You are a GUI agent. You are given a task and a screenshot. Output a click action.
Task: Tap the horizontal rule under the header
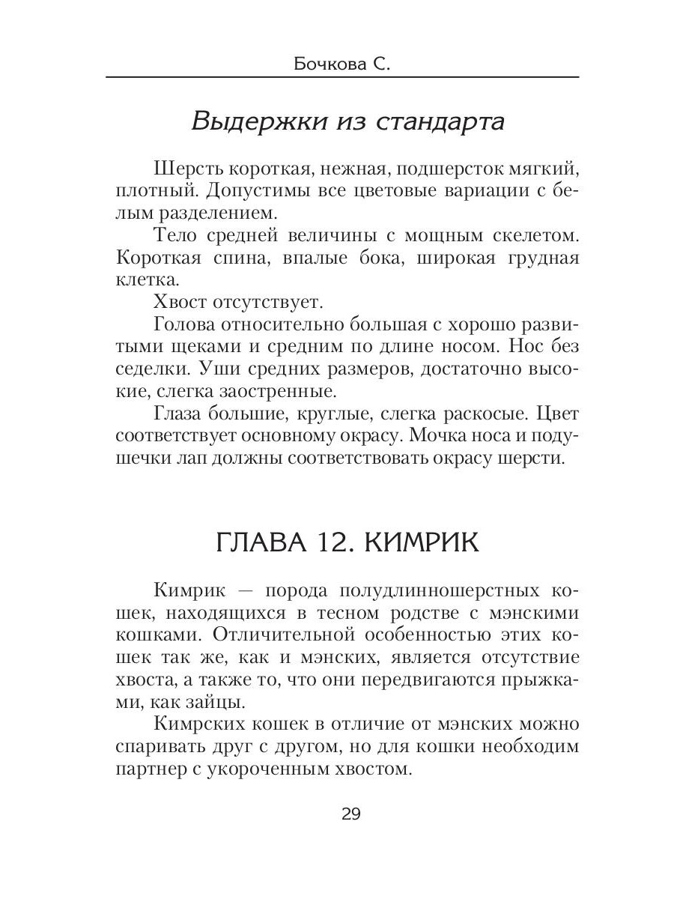point(343,78)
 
